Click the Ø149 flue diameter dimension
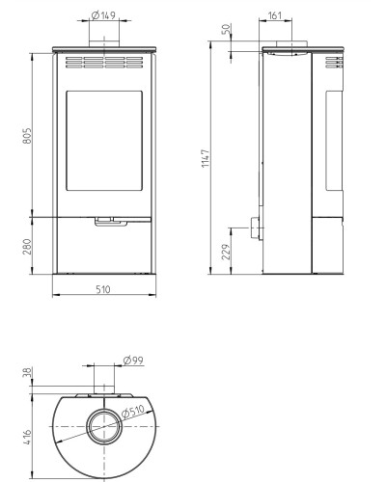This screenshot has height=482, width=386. coord(103,15)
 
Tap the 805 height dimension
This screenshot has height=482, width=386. coord(28,136)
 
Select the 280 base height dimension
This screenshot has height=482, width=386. coord(28,247)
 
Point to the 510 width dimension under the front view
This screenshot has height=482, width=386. coord(103,289)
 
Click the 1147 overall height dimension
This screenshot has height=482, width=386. coord(206,158)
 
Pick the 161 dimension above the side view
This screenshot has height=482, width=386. coord(275,15)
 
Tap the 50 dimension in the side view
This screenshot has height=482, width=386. coord(227,29)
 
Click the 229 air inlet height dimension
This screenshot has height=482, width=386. coord(227,252)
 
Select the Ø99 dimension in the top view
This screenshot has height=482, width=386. coord(133,361)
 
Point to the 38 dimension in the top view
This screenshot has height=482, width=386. coord(28,372)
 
